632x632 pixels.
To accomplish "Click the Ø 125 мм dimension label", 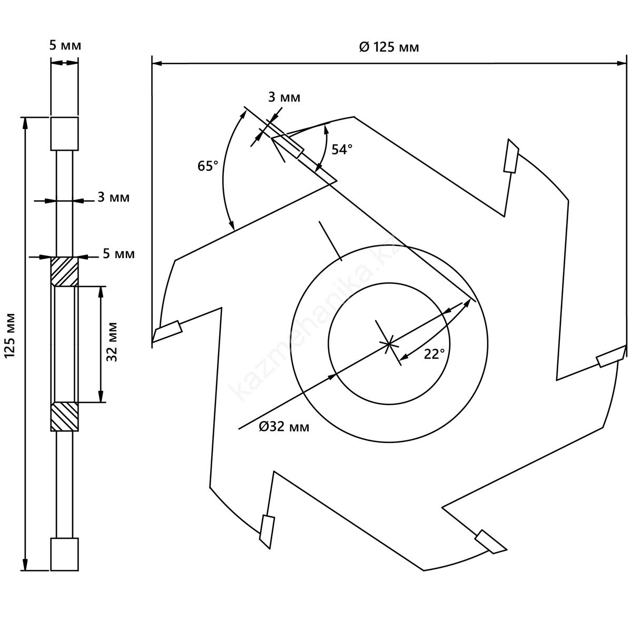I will coord(389,47).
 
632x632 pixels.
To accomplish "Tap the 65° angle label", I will coord(208,166).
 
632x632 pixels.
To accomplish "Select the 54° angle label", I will coord(342,150).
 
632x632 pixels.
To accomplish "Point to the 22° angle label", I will coord(434,354).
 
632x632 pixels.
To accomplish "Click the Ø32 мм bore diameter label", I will coord(284,427).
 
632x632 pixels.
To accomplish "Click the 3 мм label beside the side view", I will coord(113,197).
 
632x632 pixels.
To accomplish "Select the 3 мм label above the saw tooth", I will coord(284,97).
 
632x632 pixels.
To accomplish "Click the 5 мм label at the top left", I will coord(65,45).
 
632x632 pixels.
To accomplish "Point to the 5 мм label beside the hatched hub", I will coord(118,254).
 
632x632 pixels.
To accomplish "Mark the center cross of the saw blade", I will coord(388,344).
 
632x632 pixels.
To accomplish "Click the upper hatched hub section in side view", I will coord(64,271).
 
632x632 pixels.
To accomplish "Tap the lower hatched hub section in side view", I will coord(64,417).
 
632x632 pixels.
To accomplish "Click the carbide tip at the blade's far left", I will coord(167,331).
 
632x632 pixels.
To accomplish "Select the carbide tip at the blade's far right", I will coord(611,358).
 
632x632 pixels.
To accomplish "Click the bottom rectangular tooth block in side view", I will coord(64,554).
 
